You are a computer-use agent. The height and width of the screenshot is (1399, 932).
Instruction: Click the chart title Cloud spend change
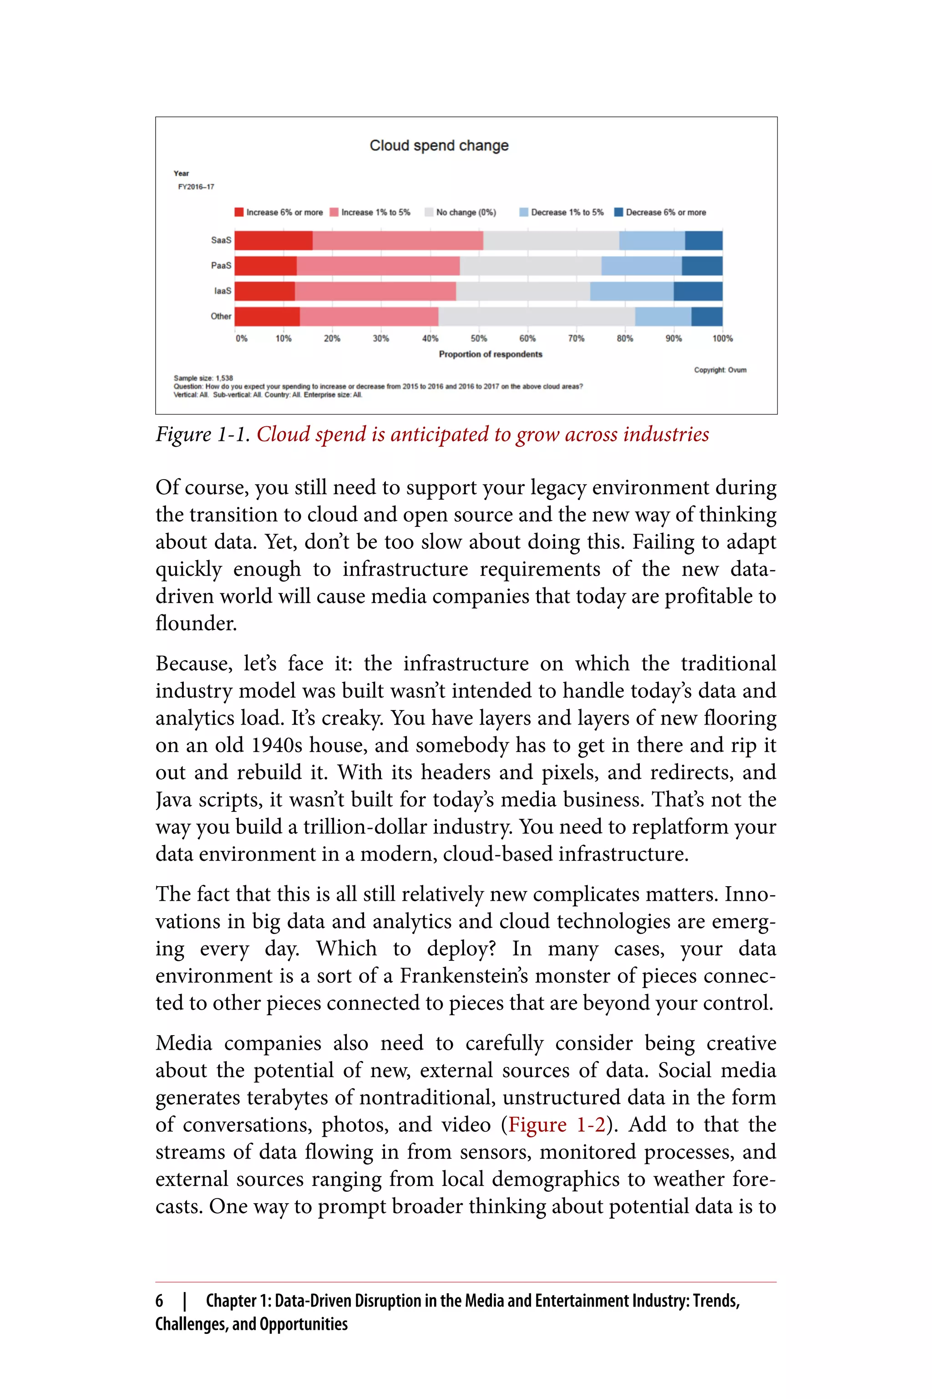(439, 146)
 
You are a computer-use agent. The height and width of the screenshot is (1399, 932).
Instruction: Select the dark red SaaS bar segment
(274, 240)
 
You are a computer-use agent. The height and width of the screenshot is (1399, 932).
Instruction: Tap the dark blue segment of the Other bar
(707, 317)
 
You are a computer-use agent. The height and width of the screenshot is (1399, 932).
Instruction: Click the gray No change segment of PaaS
(530, 266)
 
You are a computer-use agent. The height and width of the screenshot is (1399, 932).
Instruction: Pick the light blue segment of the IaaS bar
(631, 291)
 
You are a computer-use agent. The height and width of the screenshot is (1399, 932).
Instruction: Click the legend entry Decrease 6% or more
(660, 212)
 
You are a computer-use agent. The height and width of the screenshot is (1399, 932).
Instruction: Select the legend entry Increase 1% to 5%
(370, 212)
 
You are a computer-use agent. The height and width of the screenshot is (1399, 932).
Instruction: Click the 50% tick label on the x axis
(478, 338)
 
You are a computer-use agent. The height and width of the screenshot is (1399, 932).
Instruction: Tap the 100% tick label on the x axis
(722, 338)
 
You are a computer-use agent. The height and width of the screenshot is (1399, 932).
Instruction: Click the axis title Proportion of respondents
(491, 354)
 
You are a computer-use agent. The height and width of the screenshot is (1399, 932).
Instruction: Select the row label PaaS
(221, 266)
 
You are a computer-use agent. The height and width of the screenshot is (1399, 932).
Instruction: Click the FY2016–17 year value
(196, 187)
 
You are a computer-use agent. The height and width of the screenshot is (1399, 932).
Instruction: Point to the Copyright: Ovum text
(720, 370)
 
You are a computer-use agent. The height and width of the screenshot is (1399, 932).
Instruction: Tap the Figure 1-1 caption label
(202, 435)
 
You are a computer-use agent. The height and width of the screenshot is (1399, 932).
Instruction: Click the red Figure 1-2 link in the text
(557, 1125)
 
